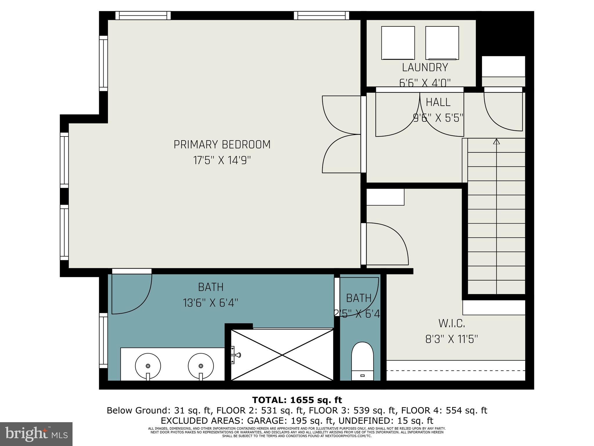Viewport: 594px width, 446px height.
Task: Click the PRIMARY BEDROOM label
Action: pyautogui.click(x=222, y=145)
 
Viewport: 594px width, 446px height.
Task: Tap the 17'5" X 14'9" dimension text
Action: pyautogui.click(x=222, y=160)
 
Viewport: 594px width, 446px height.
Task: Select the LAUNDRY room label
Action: pyautogui.click(x=425, y=67)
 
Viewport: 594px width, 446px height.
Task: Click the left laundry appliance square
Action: pyautogui.click(x=398, y=43)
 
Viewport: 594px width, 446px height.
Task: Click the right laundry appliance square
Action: pyautogui.click(x=442, y=43)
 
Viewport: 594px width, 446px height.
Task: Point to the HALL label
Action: pyautogui.click(x=438, y=102)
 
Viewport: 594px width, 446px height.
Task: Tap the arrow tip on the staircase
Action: pyautogui.click(x=497, y=141)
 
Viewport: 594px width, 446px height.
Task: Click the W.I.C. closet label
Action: pyautogui.click(x=452, y=323)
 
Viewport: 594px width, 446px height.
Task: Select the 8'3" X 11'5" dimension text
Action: pyautogui.click(x=452, y=339)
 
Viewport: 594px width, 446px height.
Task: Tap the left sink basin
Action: pyautogui.click(x=148, y=366)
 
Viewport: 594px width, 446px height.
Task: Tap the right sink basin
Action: pyautogui.click(x=201, y=366)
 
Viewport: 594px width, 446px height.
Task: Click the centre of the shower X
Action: pyautogui.click(x=282, y=354)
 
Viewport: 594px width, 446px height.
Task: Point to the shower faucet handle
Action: pyautogui.click(x=238, y=355)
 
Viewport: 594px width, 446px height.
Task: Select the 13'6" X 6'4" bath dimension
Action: pyautogui.click(x=211, y=303)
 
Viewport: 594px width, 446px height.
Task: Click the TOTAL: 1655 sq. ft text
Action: pyautogui.click(x=297, y=400)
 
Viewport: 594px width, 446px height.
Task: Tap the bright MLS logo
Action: pyautogui.click(x=36, y=434)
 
